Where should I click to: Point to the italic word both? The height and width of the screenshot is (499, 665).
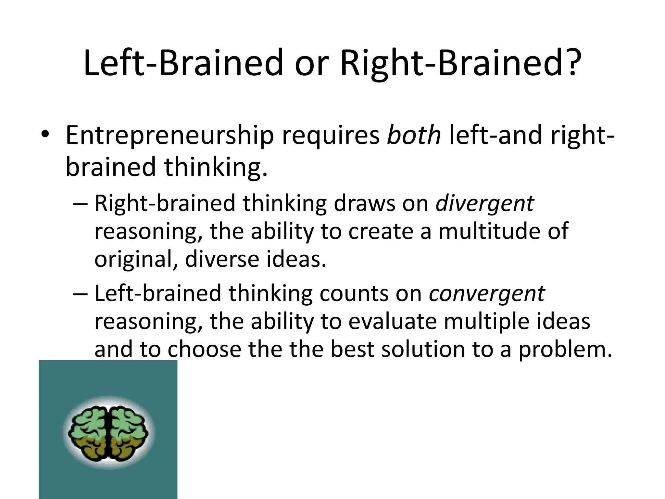click(x=414, y=135)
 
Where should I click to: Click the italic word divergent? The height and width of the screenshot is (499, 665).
click(x=484, y=203)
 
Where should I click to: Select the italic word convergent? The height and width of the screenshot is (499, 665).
click(x=487, y=293)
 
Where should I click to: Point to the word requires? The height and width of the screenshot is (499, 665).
click(x=331, y=135)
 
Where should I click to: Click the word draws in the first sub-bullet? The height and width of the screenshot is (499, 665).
click(x=365, y=203)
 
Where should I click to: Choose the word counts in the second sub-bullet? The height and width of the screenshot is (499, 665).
click(x=354, y=293)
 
